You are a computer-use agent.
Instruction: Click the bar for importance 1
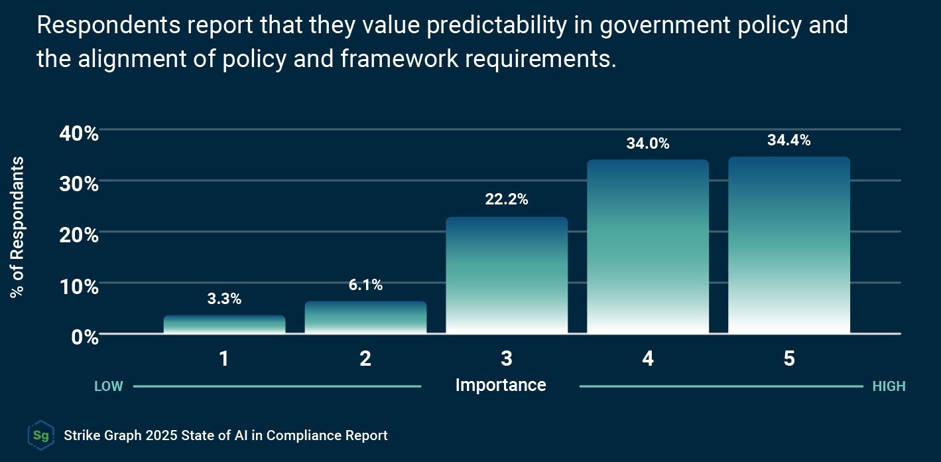tap(224, 325)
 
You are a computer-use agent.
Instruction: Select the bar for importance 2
tap(365, 317)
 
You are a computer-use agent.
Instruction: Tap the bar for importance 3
tap(507, 275)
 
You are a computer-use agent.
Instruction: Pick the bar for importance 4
tap(648, 246)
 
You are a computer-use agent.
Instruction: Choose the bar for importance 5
tap(789, 245)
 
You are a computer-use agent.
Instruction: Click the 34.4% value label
tap(789, 140)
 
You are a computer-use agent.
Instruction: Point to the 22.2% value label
tap(507, 199)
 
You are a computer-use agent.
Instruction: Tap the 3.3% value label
tap(224, 299)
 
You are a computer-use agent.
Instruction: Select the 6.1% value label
tap(365, 285)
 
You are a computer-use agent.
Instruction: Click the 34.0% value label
tap(648, 143)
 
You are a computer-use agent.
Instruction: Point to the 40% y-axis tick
tap(79, 133)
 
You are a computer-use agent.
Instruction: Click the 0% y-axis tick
tap(86, 337)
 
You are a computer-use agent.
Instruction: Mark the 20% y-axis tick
tap(79, 236)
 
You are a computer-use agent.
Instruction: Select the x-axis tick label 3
tap(507, 359)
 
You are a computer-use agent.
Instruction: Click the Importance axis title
tap(501, 385)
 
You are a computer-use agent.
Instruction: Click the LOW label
tap(108, 386)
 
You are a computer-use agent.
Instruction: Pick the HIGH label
tap(889, 386)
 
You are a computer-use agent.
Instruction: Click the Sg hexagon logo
tap(40, 435)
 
